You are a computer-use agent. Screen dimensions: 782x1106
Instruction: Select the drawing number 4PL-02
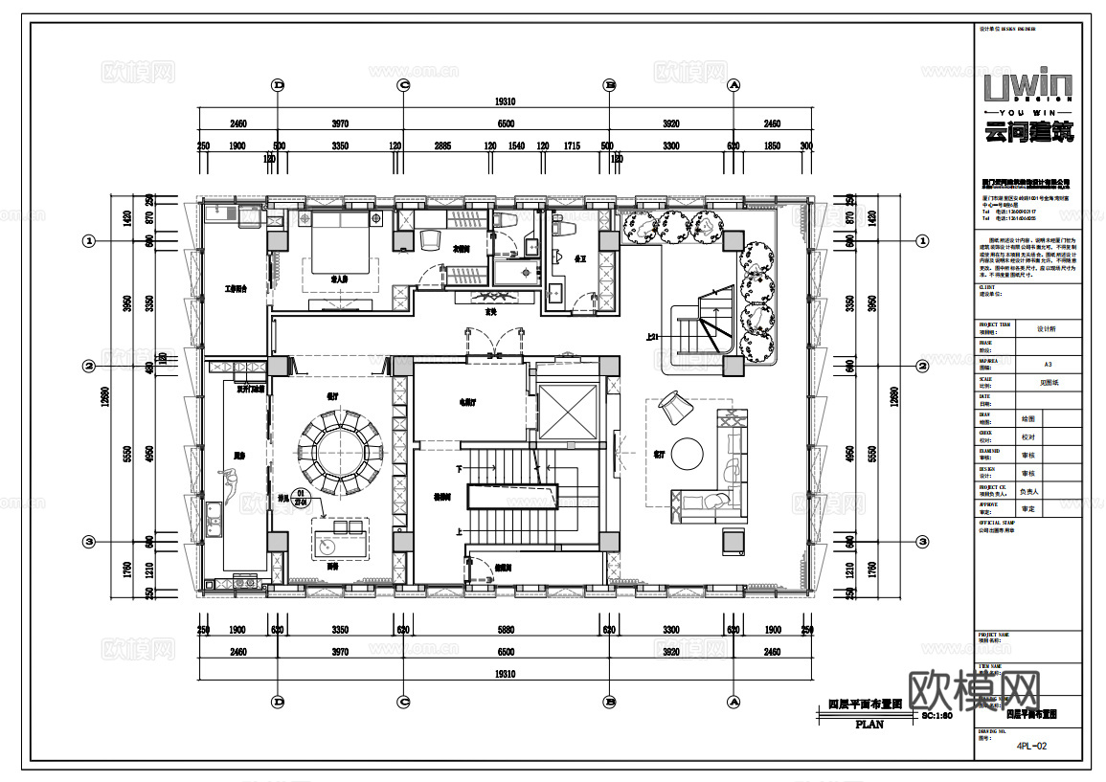pos(1031,746)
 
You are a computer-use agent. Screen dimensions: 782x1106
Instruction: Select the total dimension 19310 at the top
pos(505,101)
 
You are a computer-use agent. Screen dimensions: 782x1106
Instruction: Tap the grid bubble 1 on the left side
pos(89,241)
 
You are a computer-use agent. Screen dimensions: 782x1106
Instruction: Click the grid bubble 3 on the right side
pos(922,541)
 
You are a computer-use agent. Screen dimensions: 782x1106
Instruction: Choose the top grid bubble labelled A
pos(734,85)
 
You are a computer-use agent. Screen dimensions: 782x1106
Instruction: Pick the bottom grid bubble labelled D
pos(279,702)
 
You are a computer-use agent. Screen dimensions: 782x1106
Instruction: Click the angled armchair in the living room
pos(674,408)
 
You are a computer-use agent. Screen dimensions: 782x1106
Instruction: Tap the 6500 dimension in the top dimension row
pos(505,123)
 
